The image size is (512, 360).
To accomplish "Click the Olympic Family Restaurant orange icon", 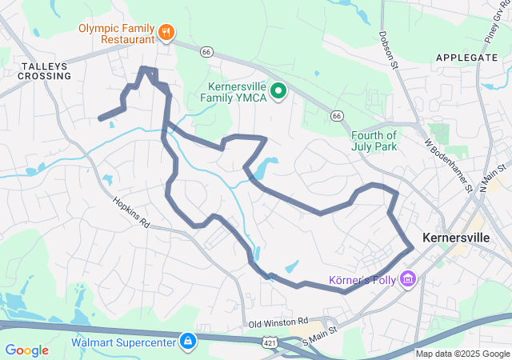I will pos(166,32).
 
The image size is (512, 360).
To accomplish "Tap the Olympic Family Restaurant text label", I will pos(116,32).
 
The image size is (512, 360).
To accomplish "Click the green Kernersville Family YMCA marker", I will pos(278,91).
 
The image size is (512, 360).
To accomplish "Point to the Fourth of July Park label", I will pos(374,140).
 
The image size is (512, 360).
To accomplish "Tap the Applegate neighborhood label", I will pos(467,58).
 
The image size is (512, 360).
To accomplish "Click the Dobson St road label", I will pos(386,50).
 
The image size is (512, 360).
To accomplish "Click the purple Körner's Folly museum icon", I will pos(409,279).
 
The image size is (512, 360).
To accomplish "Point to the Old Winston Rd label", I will pos(278,322).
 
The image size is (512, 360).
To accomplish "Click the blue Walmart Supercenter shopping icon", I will pos(187,342).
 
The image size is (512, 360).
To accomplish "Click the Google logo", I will pos(27,350).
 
